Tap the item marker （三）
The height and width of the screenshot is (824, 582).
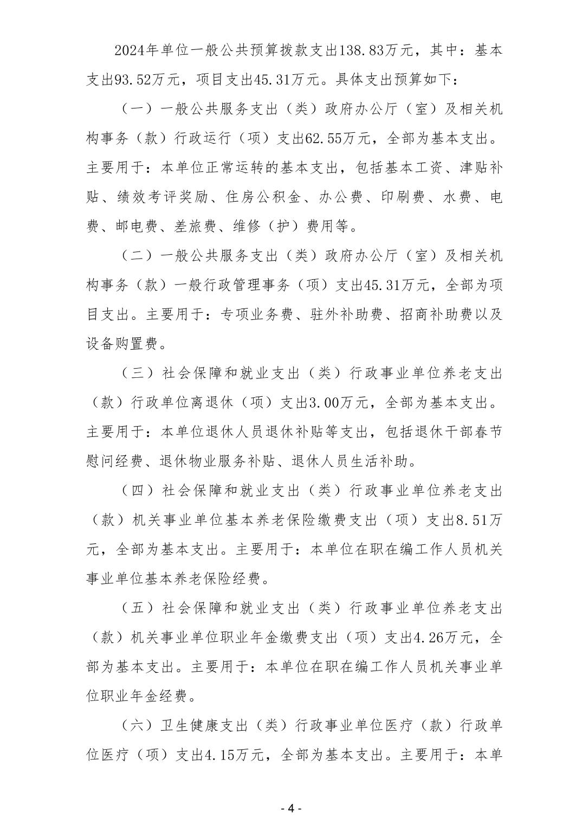pyautogui.click(x=132, y=374)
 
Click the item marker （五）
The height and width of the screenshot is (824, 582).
pyautogui.click(x=132, y=608)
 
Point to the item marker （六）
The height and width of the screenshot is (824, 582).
pyautogui.click(x=132, y=725)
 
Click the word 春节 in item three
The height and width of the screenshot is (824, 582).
pyautogui.click(x=488, y=432)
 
